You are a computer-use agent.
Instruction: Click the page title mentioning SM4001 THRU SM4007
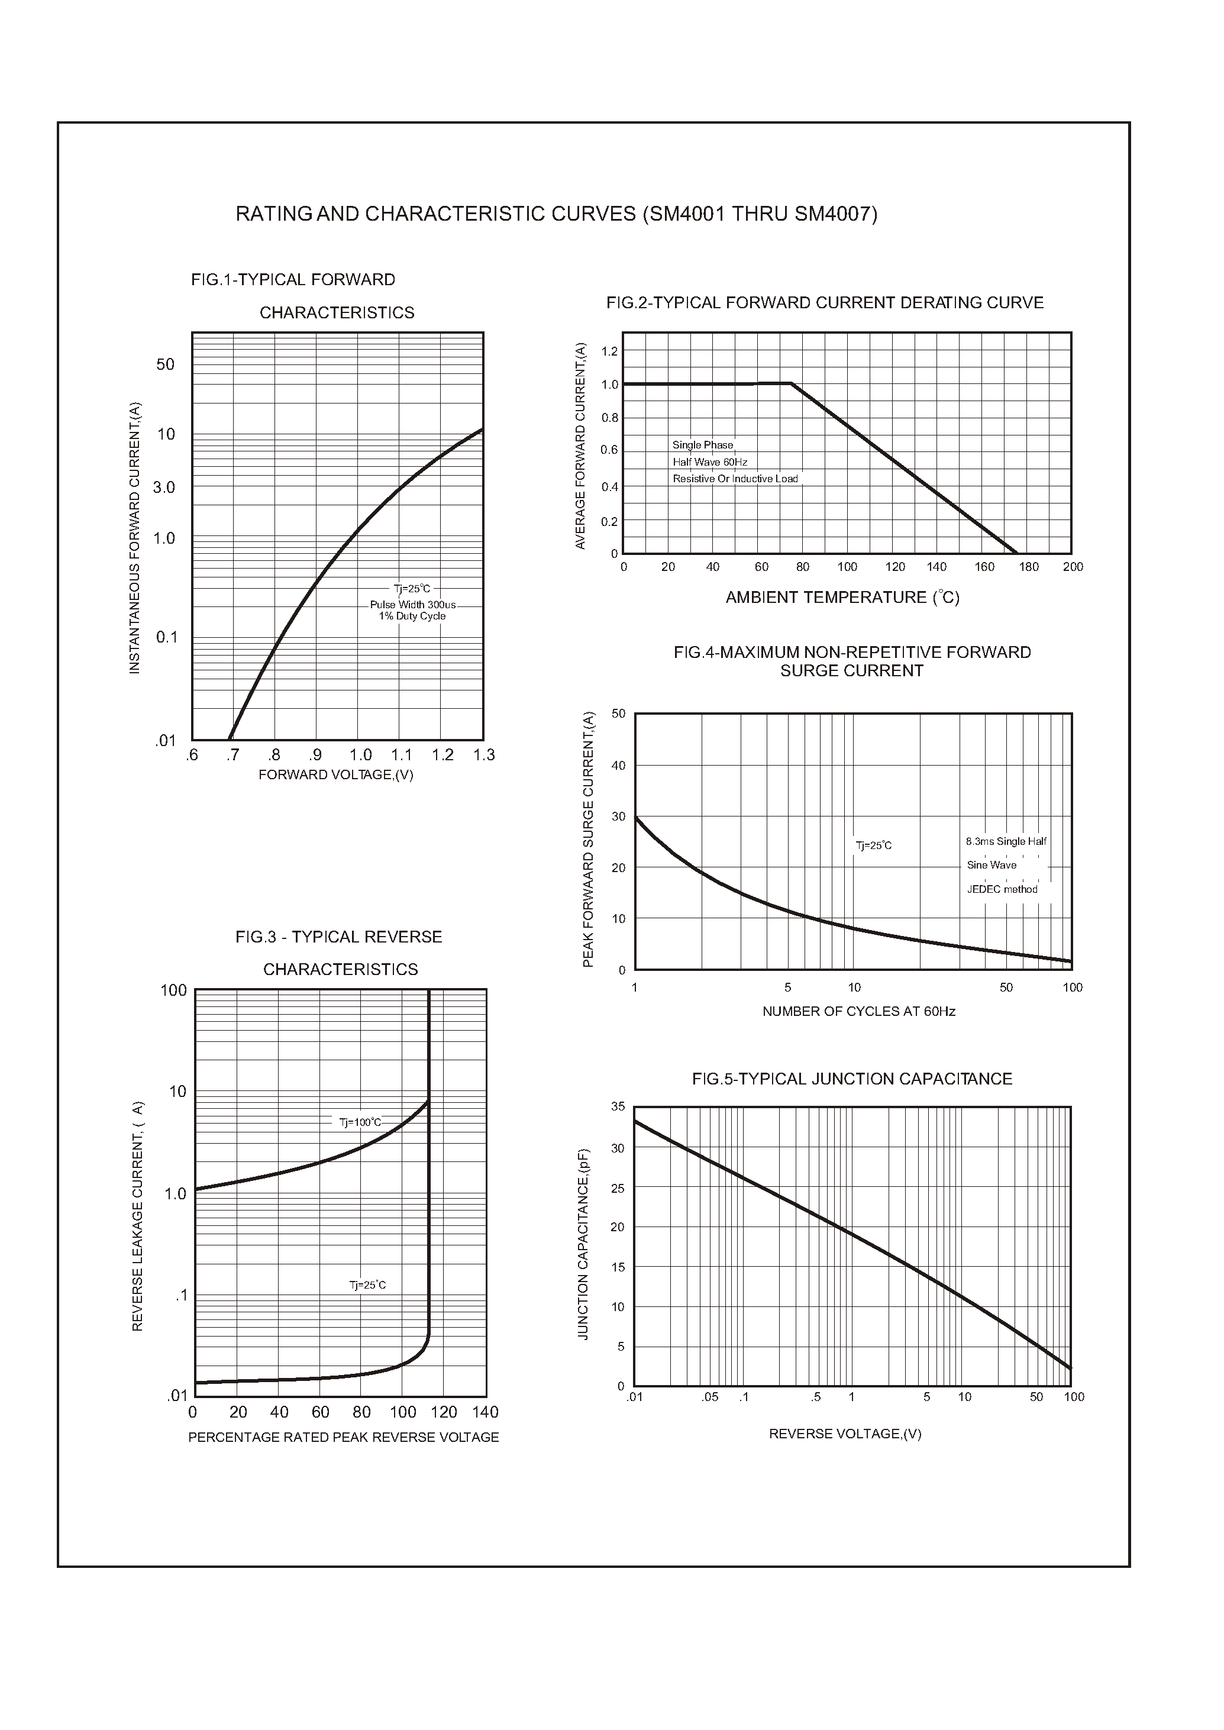(x=556, y=214)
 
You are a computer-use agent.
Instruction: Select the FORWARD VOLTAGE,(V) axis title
(x=335, y=775)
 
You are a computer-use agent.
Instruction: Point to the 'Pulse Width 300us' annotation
(x=412, y=605)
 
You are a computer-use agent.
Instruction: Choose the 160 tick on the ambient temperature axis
(x=984, y=567)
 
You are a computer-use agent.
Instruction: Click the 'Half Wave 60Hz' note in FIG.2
(x=709, y=462)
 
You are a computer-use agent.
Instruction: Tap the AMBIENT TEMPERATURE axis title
(x=842, y=598)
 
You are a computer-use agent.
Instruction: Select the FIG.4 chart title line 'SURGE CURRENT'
(x=852, y=671)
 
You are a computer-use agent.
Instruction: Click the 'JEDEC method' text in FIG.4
(x=1002, y=889)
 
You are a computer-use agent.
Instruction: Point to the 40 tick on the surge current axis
(x=618, y=766)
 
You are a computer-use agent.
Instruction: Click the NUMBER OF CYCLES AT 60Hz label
(x=858, y=1012)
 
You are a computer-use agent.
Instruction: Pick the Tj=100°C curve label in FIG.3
(x=360, y=1122)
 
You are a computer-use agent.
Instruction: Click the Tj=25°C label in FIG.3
(x=367, y=1285)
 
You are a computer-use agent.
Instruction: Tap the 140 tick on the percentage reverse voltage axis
(x=485, y=1412)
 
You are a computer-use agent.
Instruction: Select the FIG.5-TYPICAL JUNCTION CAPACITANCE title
(x=852, y=1079)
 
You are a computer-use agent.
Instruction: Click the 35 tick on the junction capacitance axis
(x=618, y=1106)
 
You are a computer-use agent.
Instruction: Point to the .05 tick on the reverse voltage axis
(x=709, y=1397)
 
